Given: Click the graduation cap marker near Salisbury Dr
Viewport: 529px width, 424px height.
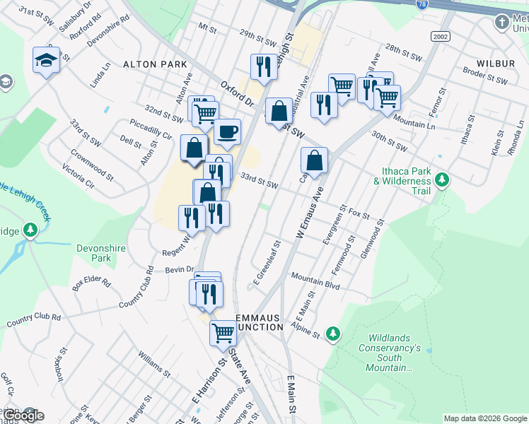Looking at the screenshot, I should point(47,61).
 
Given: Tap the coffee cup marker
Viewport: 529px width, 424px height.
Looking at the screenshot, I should point(227,131).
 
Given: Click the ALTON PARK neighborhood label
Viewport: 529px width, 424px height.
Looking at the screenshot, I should point(155,64).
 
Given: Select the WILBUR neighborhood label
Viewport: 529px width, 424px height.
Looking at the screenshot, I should point(495,64).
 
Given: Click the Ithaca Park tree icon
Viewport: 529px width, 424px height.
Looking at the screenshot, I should point(443,179).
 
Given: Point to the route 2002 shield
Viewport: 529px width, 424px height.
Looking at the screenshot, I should point(440,35).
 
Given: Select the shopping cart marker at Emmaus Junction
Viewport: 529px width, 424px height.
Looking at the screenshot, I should point(223,332).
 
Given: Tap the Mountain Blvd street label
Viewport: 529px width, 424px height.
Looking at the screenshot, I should point(315,281).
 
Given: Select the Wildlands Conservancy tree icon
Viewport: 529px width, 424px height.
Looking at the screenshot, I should point(333,332).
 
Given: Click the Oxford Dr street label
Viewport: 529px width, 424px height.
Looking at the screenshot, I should point(237,93).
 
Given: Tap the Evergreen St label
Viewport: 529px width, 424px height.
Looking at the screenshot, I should point(331,227).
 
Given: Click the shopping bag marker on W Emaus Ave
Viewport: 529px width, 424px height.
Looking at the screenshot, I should point(314,160).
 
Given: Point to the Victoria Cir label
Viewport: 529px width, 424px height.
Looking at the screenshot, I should point(79,177).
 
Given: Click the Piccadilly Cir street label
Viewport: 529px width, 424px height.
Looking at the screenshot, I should point(151,128).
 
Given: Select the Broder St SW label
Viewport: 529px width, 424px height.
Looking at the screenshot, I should point(485,76).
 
